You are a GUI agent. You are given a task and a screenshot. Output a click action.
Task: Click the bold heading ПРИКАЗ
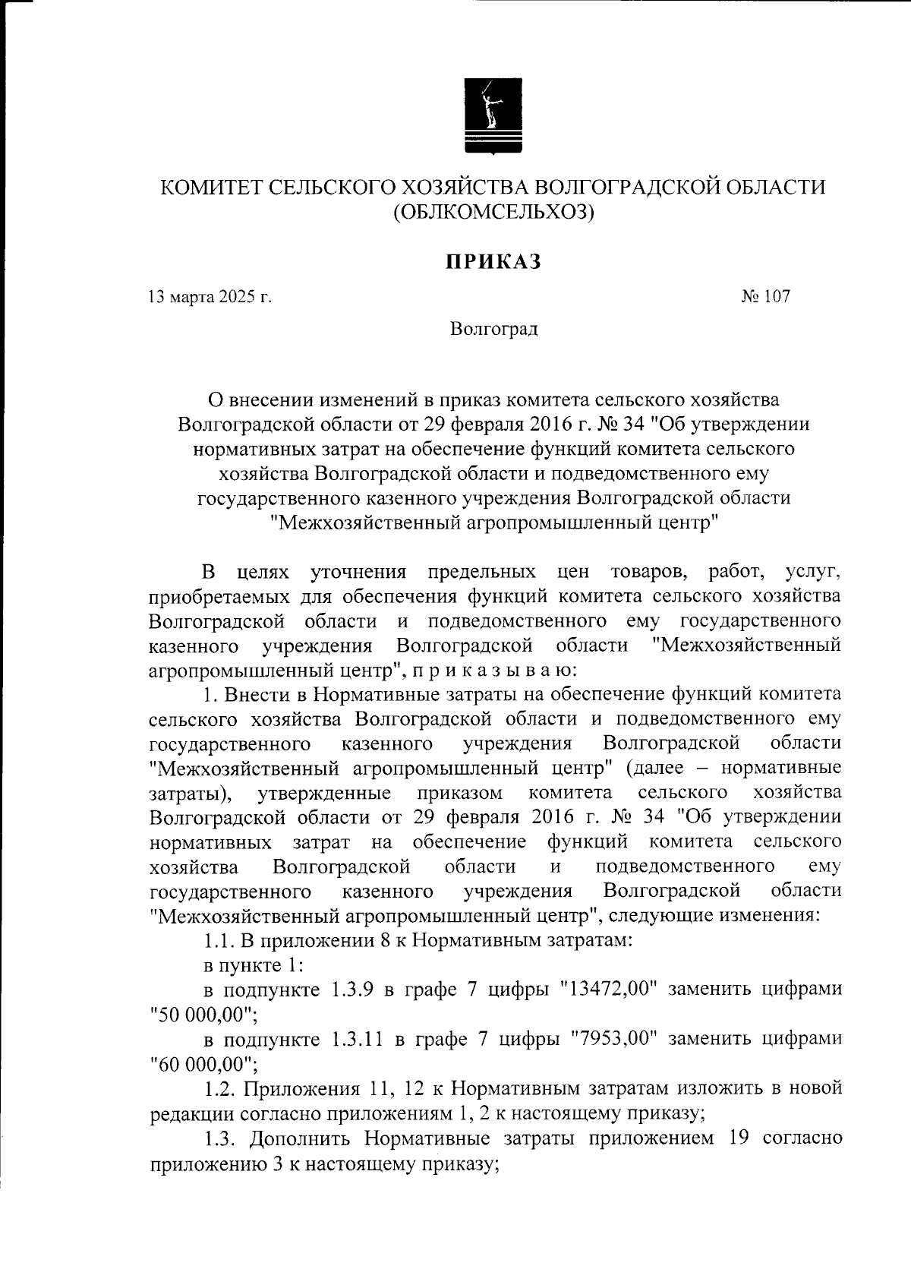[x=493, y=261]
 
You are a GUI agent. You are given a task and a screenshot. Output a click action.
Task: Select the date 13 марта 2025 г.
[x=210, y=297]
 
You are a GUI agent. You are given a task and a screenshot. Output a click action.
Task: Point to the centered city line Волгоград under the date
[x=493, y=330]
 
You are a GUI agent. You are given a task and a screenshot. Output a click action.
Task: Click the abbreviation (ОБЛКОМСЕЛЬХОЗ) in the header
[x=493, y=213]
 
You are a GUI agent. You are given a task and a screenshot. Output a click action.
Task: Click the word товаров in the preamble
[x=648, y=571]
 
